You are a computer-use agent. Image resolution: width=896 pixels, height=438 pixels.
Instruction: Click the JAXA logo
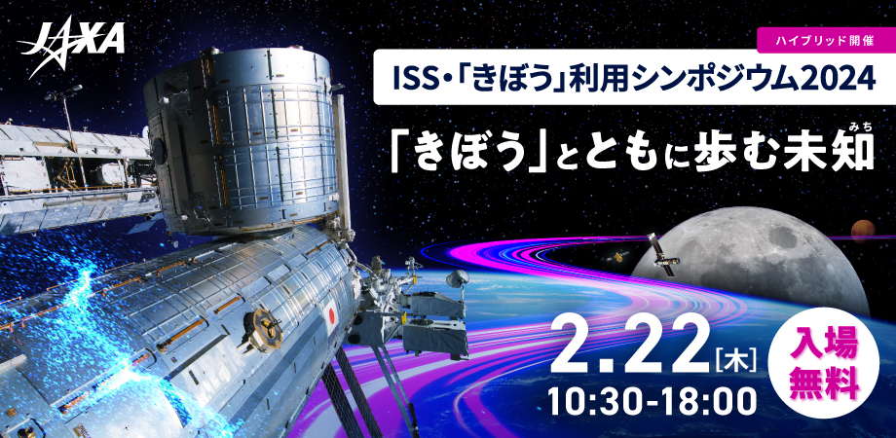pyautogui.click(x=71, y=46)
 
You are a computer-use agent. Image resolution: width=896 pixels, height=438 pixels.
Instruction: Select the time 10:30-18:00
pyautogui.click(x=648, y=402)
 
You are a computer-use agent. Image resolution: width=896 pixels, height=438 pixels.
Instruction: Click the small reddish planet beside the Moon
pyautogui.click(x=863, y=231)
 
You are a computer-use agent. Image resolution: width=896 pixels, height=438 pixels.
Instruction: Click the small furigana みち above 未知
pyautogui.click(x=859, y=128)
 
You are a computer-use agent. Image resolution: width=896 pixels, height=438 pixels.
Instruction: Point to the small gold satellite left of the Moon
pyautogui.click(x=617, y=257)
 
